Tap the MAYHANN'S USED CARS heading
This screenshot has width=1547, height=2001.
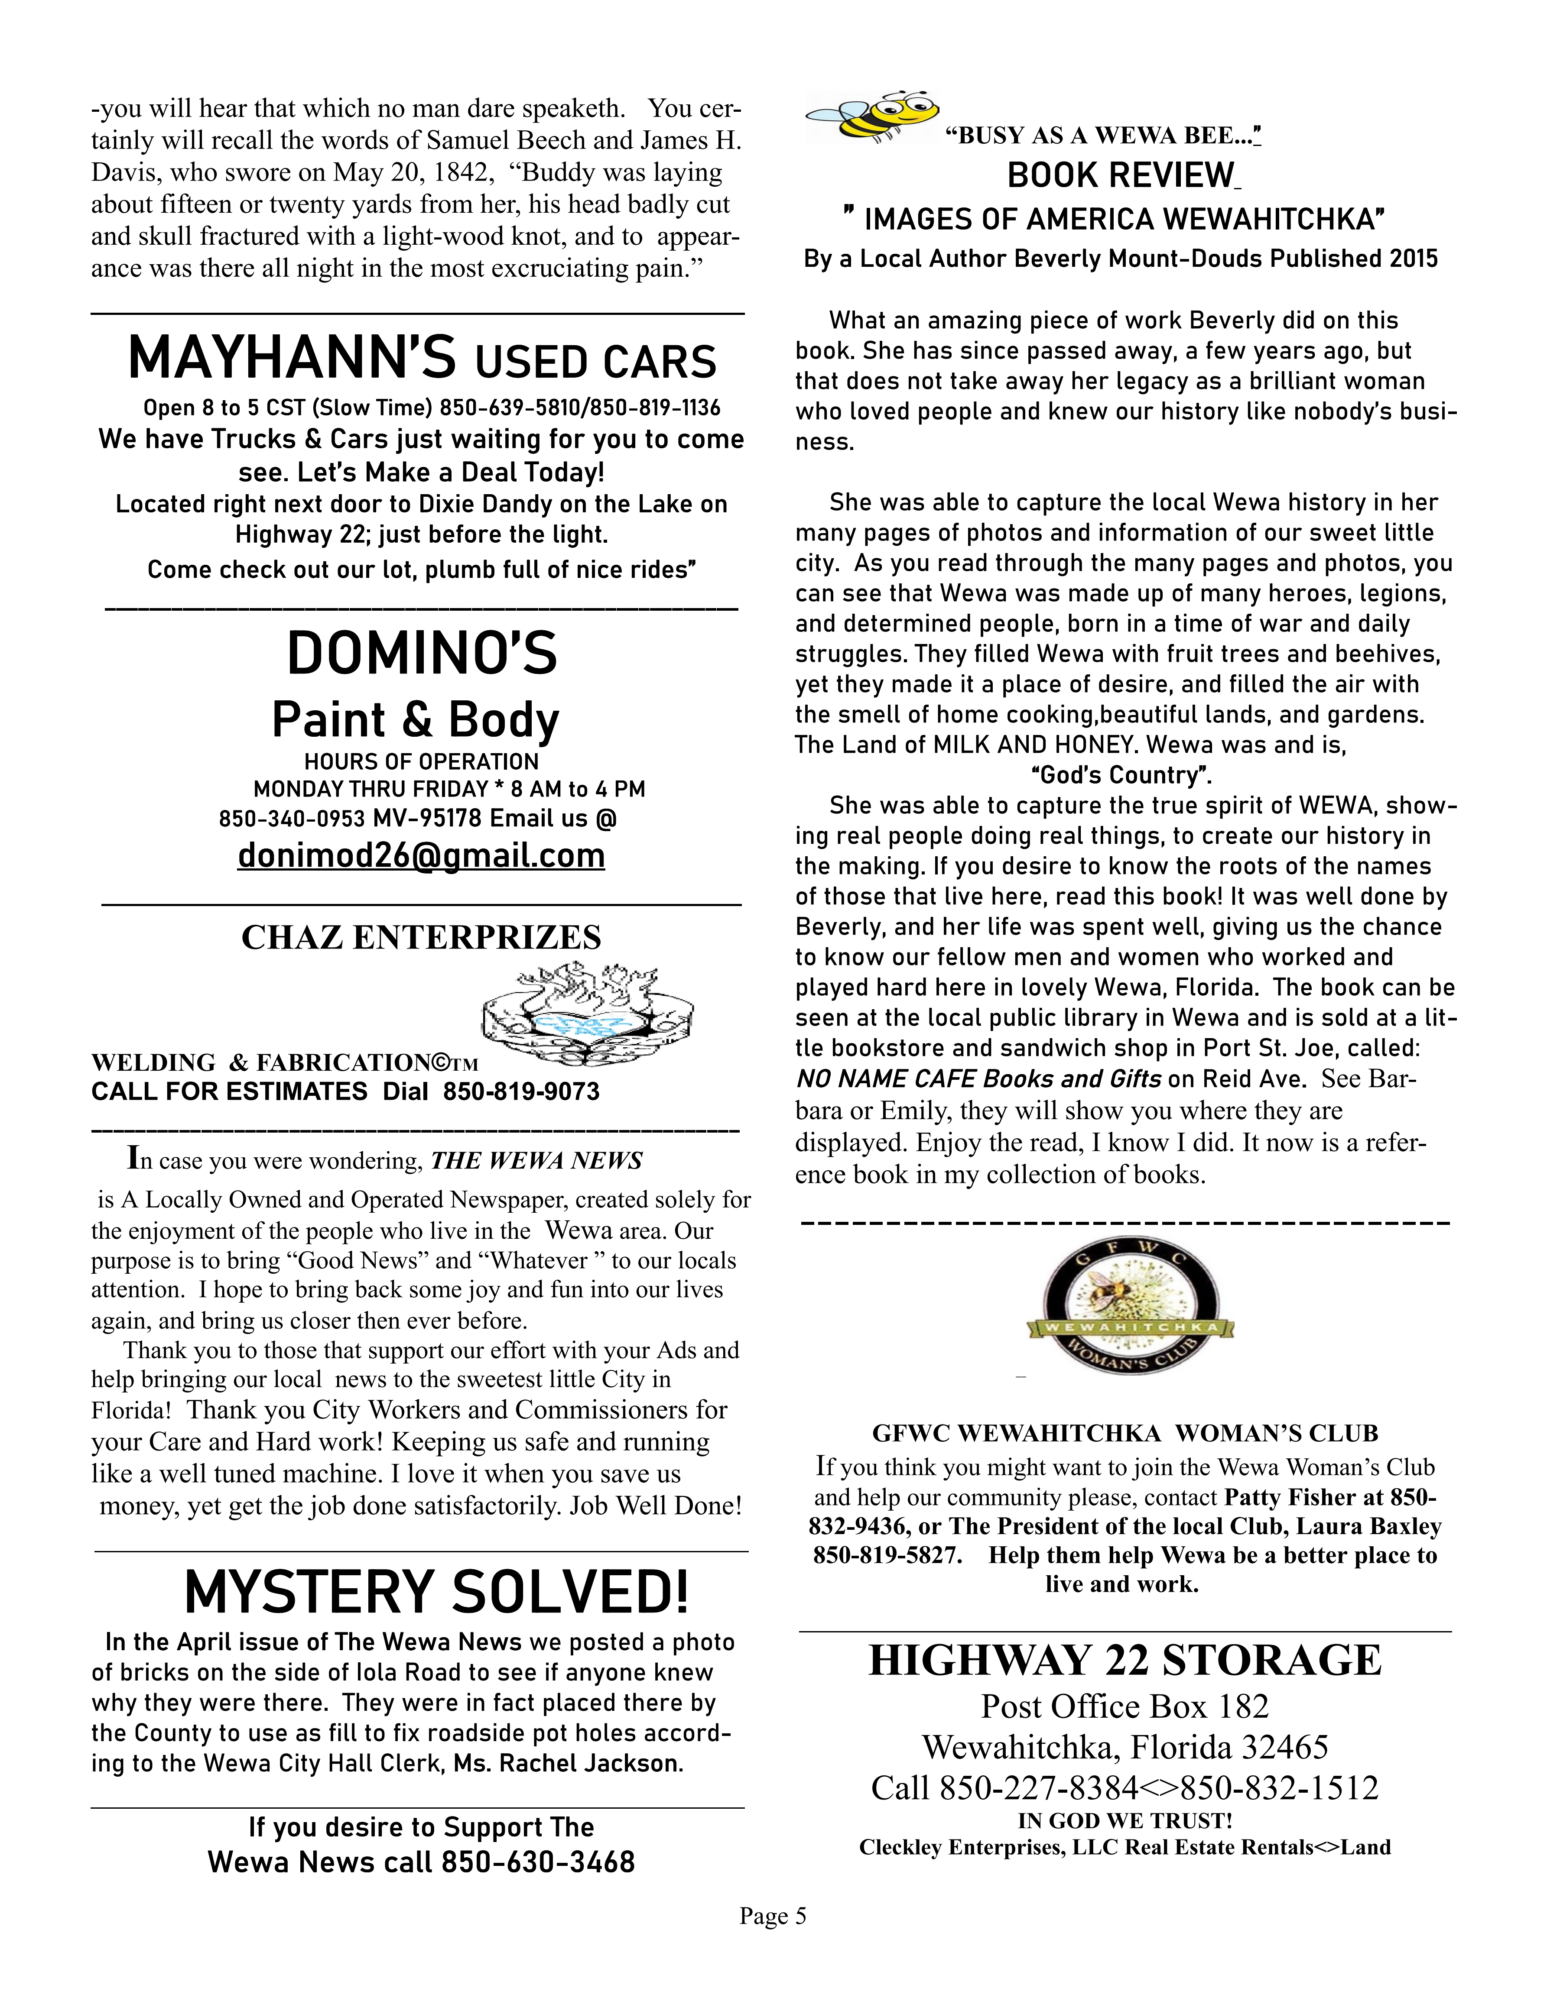pos(422,359)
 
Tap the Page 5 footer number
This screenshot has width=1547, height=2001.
pos(773,1916)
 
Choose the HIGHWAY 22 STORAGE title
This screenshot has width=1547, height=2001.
pos(1124,1660)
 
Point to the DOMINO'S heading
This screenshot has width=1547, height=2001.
pos(422,654)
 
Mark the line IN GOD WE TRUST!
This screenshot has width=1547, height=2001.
pos(1124,1820)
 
